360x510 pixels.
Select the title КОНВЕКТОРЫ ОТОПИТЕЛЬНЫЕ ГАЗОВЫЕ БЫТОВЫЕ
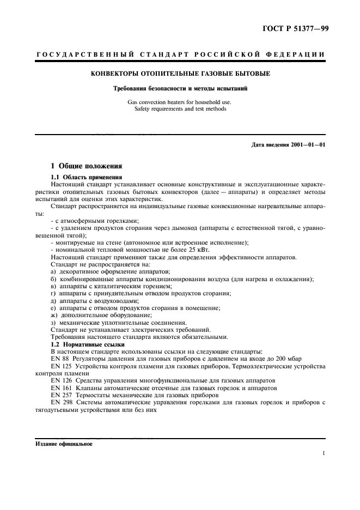click(x=179, y=73)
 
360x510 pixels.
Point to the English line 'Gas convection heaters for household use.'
click(x=180, y=101)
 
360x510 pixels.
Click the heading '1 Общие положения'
click(x=87, y=166)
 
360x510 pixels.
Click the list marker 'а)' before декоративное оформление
click(x=53, y=271)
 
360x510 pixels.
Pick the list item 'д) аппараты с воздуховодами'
click(x=95, y=301)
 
